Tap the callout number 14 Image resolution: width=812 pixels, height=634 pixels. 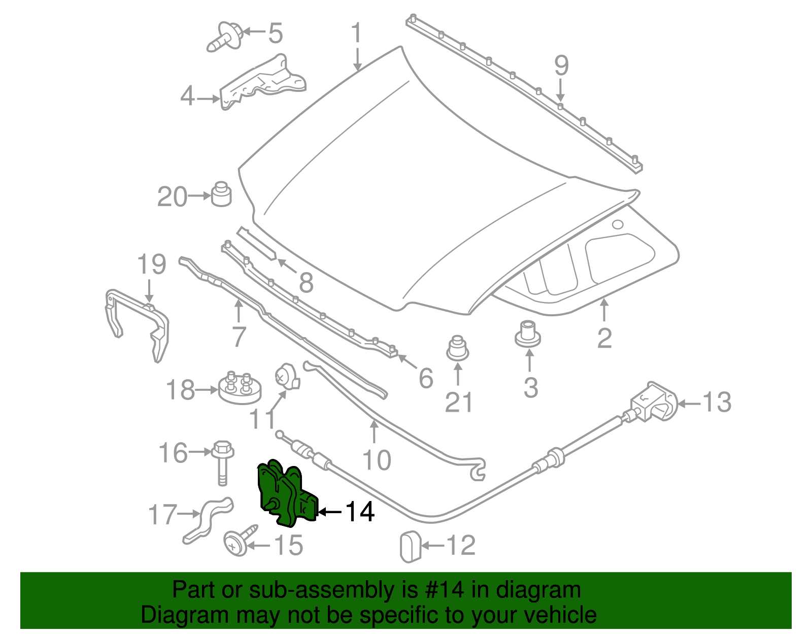[360, 512]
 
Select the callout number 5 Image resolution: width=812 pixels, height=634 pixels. [275, 33]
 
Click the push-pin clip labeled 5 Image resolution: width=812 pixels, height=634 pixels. [225, 37]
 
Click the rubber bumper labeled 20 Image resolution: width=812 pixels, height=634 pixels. [221, 194]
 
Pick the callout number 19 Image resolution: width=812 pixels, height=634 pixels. [152, 264]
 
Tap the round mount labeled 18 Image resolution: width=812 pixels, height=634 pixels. [240, 389]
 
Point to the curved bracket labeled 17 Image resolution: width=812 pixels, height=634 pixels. [209, 520]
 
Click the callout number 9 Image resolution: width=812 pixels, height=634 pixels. [561, 66]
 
